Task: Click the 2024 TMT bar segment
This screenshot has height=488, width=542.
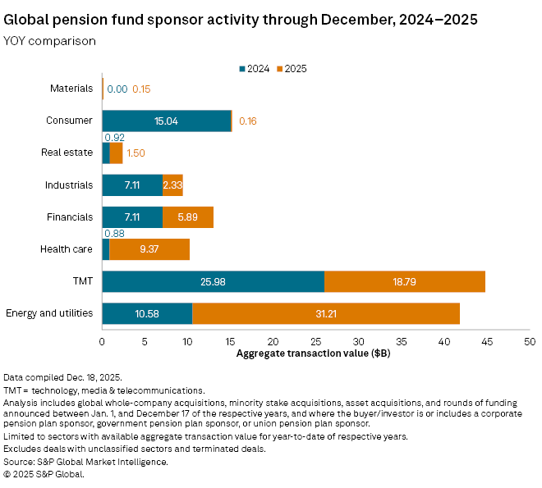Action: coord(213,281)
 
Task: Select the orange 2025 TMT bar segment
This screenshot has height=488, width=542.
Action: coord(405,281)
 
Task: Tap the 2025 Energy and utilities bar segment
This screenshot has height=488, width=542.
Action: coord(326,313)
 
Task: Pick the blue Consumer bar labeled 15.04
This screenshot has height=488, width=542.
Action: coord(167,121)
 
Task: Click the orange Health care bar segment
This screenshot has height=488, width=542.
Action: coord(149,249)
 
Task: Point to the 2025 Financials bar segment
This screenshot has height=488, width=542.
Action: coord(188,217)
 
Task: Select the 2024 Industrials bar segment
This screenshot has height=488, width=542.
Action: coord(132,185)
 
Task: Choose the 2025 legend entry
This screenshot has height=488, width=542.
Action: coord(290,69)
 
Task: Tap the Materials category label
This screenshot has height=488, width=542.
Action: coord(71,89)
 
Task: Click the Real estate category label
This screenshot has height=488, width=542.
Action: coord(67,153)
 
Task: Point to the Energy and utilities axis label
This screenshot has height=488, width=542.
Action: coord(49,313)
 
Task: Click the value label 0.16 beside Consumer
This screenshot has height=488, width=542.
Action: coord(248,121)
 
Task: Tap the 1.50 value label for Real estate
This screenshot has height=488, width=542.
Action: coord(136,153)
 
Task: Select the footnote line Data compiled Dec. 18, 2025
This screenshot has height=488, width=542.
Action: coord(63,376)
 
